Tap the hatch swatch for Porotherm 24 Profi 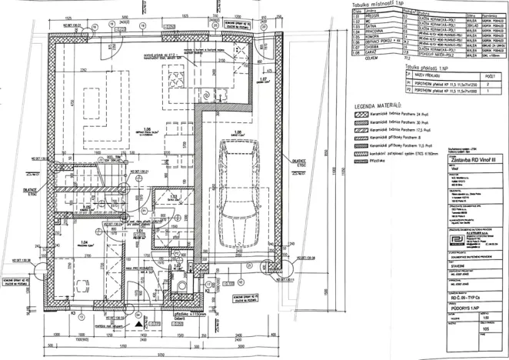point(359,115)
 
